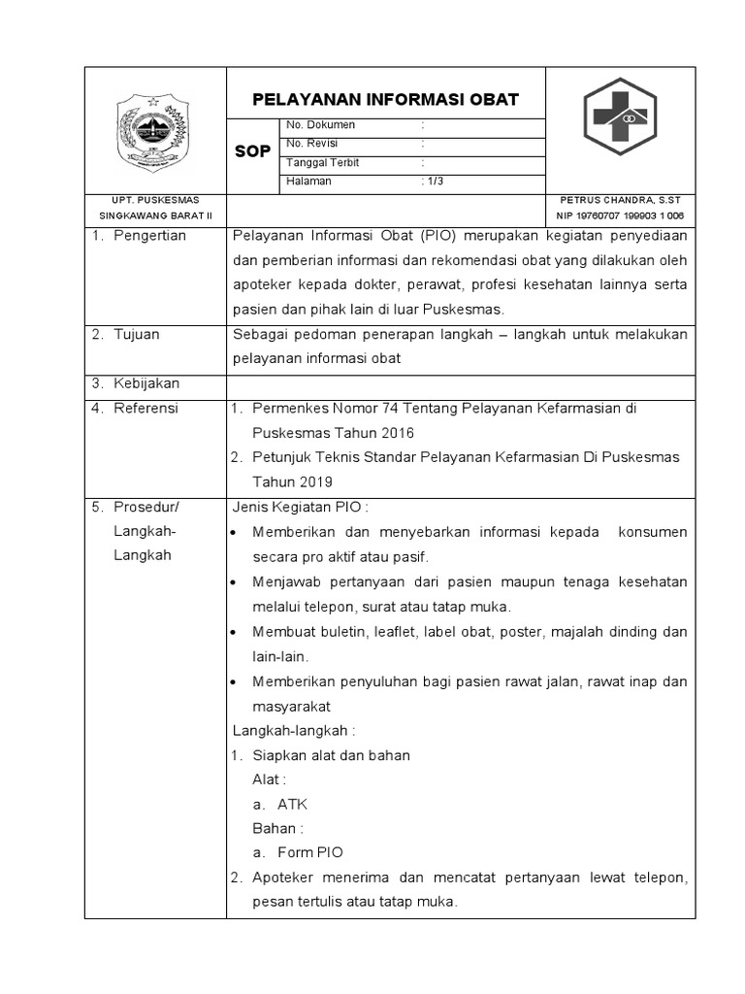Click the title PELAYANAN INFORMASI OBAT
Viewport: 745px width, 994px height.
(385, 100)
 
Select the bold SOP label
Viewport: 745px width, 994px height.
(253, 152)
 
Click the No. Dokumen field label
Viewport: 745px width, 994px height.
(320, 125)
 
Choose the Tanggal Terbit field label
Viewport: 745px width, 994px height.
(323, 162)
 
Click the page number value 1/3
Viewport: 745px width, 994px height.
(433, 182)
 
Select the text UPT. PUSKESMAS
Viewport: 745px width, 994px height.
(155, 200)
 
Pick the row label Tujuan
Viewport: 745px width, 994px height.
(137, 334)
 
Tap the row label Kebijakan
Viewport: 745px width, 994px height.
(146, 383)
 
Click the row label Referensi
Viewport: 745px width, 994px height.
(146, 409)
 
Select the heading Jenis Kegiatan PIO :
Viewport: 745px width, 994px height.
(301, 507)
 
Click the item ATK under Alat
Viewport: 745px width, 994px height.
(292, 804)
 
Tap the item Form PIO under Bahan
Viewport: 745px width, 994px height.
(309, 853)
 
